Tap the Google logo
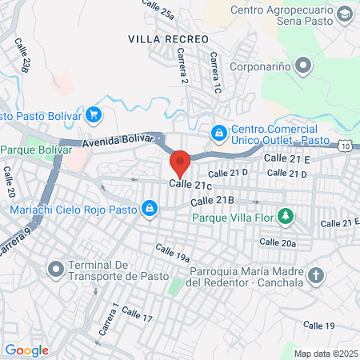tap(27, 350)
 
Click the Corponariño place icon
tap(302, 65)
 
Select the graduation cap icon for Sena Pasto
tap(343, 14)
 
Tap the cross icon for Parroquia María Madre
tap(317, 276)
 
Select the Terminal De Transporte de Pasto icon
tap(55, 269)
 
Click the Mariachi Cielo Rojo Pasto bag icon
tap(149, 210)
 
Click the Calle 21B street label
tap(213, 200)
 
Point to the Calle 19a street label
tap(172, 253)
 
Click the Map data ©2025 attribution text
tap(324, 353)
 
